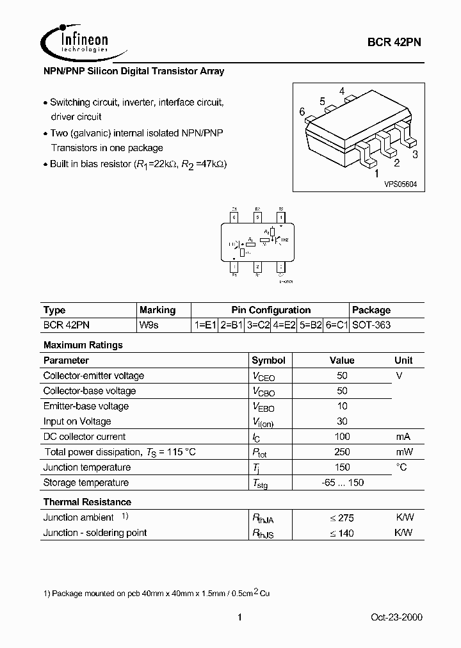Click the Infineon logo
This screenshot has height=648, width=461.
(x=75, y=42)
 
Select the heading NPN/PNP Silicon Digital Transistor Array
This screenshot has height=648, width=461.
(x=133, y=71)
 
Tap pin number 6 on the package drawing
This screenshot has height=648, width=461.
(x=302, y=111)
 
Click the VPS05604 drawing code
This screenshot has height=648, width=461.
(x=400, y=184)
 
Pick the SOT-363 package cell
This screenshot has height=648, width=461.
(x=372, y=325)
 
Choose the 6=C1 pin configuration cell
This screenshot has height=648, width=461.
(x=336, y=325)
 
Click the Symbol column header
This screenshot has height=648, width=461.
(x=268, y=360)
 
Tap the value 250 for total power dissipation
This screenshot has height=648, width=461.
(x=342, y=452)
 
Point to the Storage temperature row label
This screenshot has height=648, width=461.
(x=86, y=483)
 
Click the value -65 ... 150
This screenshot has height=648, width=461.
(x=342, y=483)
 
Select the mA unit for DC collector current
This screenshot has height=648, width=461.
(x=403, y=437)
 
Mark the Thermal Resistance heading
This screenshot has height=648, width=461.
(x=87, y=502)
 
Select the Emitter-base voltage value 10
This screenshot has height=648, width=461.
(x=342, y=406)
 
